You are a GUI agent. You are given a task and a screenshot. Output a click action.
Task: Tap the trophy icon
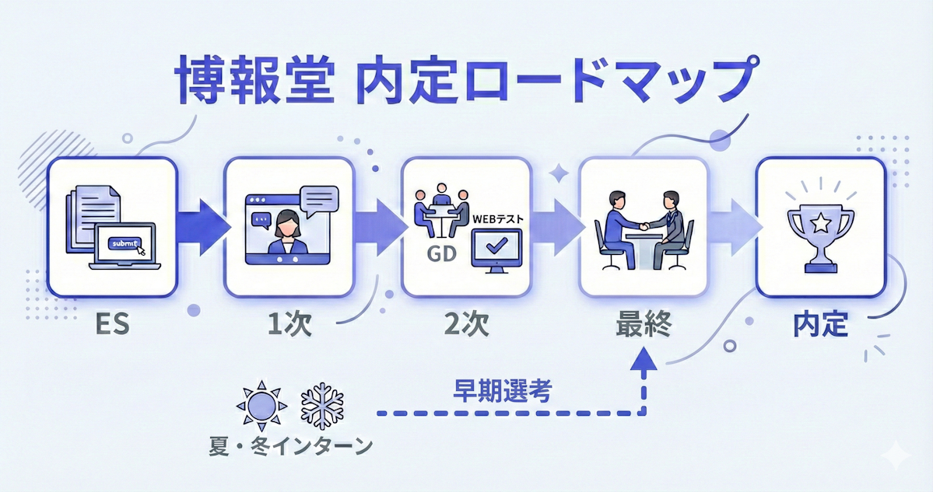click(x=821, y=225)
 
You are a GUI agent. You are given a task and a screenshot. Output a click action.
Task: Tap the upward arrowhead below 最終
click(x=644, y=358)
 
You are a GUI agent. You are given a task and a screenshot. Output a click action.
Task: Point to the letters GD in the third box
click(x=440, y=253)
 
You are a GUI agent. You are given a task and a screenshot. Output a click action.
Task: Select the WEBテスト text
click(x=498, y=220)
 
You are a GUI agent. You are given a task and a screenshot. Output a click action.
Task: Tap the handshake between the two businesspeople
click(x=644, y=226)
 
